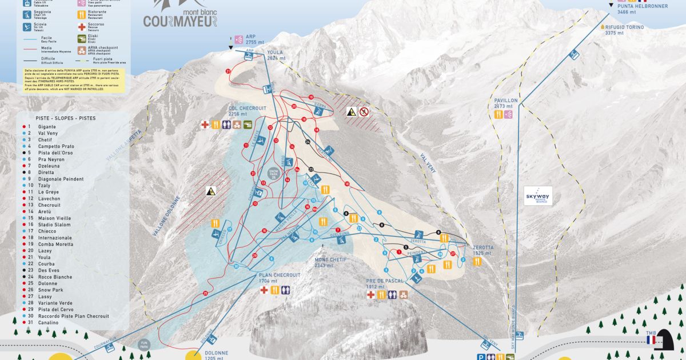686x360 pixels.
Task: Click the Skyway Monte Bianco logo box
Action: click(x=538, y=195)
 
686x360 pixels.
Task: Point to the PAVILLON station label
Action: click(x=505, y=101)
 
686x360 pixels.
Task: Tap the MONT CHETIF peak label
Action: click(x=331, y=259)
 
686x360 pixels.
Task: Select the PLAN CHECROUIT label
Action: click(x=278, y=275)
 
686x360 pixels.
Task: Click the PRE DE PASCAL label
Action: click(x=386, y=281)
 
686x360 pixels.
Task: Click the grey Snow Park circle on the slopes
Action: click(x=274, y=173)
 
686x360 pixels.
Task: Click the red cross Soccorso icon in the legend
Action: click(x=82, y=27)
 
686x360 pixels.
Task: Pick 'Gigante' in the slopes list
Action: click(x=47, y=126)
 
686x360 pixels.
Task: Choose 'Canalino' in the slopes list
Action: click(x=48, y=322)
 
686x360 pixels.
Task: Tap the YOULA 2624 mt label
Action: click(x=274, y=55)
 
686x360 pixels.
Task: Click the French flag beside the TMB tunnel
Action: click(x=651, y=340)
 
